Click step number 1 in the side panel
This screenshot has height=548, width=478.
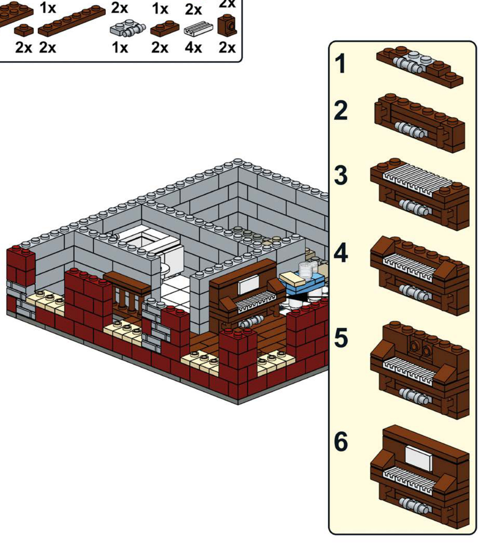click(341, 63)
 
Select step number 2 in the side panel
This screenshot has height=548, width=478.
click(341, 110)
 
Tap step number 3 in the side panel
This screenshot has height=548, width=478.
click(341, 175)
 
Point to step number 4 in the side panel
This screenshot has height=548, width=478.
click(341, 253)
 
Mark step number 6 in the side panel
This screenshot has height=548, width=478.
click(341, 441)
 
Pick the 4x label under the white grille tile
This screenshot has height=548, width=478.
click(193, 48)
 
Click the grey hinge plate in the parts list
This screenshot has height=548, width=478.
click(128, 29)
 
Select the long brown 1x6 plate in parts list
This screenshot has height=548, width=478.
click(72, 21)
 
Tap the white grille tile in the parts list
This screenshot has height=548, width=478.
click(199, 29)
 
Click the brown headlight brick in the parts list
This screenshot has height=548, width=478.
click(227, 26)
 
